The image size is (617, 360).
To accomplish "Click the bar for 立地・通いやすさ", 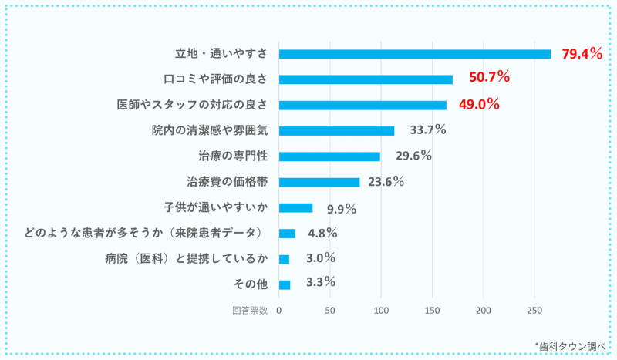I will tap(415, 54).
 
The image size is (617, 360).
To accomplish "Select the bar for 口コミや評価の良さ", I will tap(366, 79).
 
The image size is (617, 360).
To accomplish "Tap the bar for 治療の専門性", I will tap(329, 156).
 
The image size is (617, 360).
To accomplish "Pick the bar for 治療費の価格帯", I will tap(319, 182).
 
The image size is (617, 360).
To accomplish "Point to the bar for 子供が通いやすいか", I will tap(295, 207).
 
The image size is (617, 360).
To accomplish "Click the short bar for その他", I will tap(285, 284).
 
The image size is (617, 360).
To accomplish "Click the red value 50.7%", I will tap(484, 77).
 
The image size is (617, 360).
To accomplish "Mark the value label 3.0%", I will tap(320, 258).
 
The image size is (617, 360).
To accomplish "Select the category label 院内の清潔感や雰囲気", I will tap(209, 130).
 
